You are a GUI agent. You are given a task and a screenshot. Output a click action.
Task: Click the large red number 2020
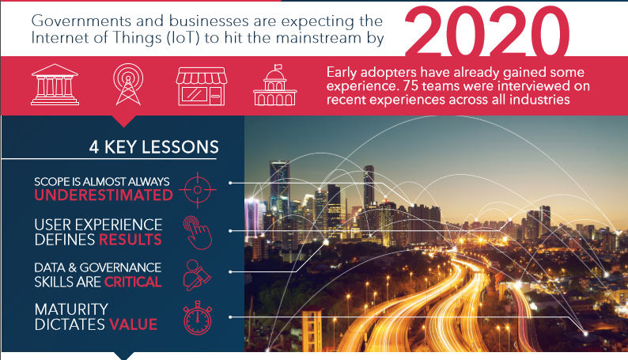(x=487, y=31)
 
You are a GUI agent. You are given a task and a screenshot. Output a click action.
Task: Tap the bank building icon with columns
(x=55, y=85)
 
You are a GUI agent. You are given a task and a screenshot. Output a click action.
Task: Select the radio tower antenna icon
(x=128, y=85)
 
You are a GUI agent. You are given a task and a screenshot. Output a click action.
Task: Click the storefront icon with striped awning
(x=202, y=86)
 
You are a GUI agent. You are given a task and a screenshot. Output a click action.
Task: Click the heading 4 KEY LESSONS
(x=153, y=147)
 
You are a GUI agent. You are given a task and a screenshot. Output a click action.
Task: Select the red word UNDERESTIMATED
(x=104, y=195)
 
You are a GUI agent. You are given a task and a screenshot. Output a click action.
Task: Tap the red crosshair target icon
(x=198, y=190)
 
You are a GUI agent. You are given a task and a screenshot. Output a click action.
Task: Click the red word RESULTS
(x=131, y=240)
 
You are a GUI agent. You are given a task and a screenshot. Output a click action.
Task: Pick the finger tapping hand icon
(x=198, y=233)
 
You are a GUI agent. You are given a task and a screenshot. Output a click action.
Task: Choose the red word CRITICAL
(x=133, y=282)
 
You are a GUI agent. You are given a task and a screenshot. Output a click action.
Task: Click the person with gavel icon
(x=197, y=275)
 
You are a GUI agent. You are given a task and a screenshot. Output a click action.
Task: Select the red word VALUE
(x=134, y=324)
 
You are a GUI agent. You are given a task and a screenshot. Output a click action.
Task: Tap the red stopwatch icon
(x=198, y=318)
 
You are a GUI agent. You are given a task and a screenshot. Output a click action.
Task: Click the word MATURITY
(x=71, y=309)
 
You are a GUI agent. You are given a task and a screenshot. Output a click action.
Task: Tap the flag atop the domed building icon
(x=278, y=67)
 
